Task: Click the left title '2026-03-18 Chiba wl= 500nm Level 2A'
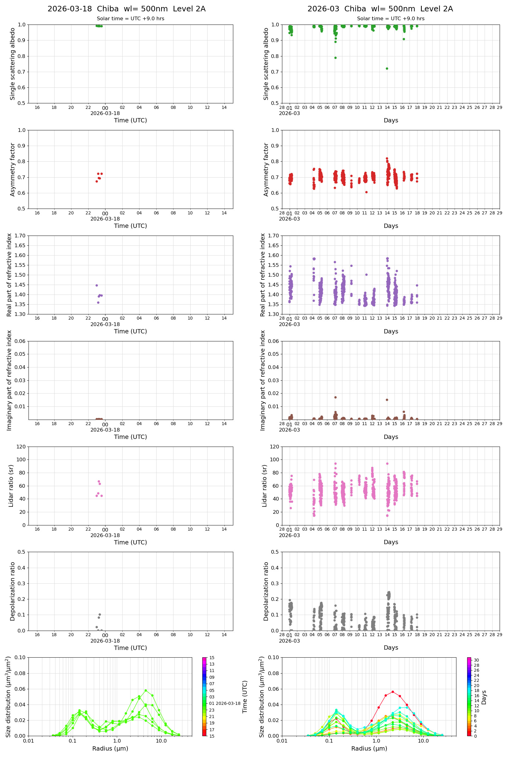click(126, 9)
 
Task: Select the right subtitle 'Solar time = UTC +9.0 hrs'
click(391, 18)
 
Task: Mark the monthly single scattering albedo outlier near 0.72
click(387, 69)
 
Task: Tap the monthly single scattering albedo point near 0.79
click(335, 58)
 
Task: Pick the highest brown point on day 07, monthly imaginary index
click(335, 397)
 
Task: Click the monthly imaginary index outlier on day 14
click(387, 400)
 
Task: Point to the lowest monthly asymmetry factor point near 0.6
click(366, 192)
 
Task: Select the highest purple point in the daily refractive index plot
click(97, 285)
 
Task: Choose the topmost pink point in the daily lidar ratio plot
click(99, 481)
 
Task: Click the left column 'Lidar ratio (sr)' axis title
click(11, 486)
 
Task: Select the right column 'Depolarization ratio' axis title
click(266, 591)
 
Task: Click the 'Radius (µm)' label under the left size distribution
click(110, 748)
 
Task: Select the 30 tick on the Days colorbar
click(476, 660)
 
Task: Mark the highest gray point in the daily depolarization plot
click(100, 614)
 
